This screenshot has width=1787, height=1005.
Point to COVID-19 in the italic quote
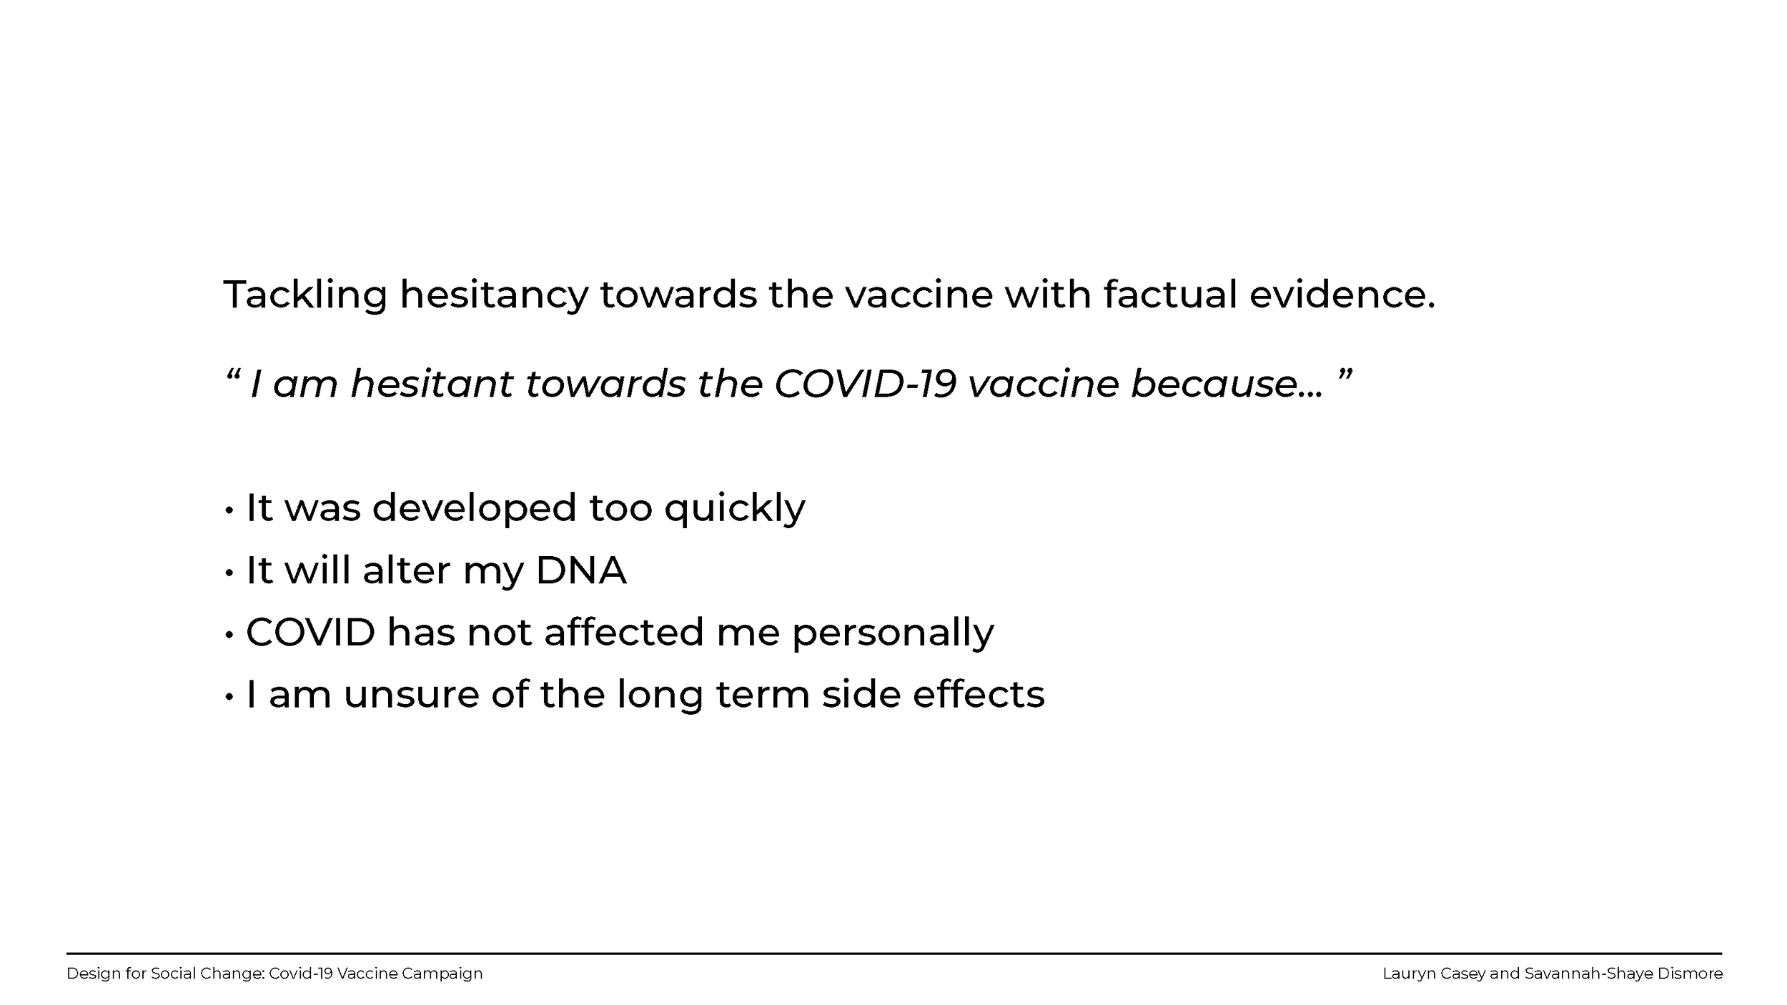[x=865, y=384]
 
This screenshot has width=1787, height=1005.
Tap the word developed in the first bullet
[x=474, y=508]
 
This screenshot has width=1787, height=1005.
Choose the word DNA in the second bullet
[x=580, y=570]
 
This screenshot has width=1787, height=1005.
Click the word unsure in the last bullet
[x=411, y=694]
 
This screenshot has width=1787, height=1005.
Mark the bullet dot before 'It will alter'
[x=229, y=573]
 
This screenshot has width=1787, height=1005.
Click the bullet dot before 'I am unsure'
[x=229, y=697]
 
